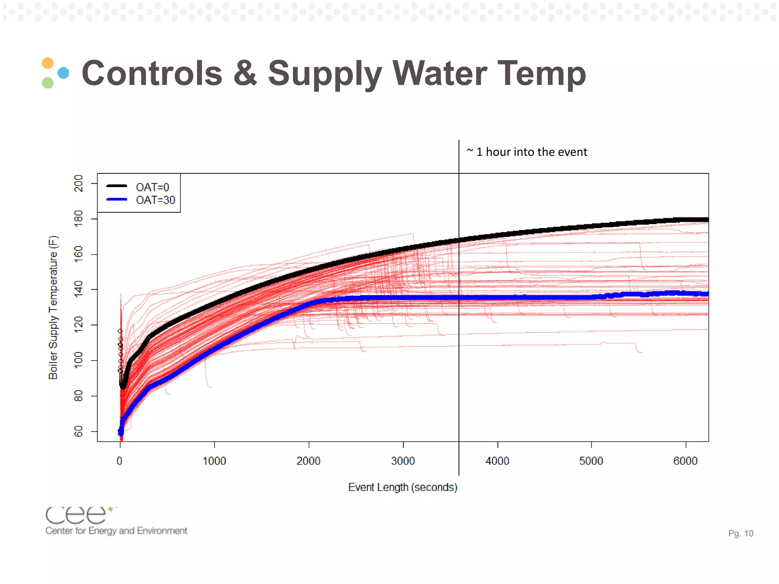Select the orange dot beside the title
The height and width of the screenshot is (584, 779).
(x=48, y=63)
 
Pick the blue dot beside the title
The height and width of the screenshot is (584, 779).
(x=63, y=73)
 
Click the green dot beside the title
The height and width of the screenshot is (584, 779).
(x=48, y=83)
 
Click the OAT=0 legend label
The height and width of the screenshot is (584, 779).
(x=152, y=187)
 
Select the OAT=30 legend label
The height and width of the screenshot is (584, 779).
(x=155, y=200)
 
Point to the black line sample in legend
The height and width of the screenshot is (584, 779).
(x=116, y=186)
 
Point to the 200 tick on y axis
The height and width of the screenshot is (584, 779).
(x=78, y=184)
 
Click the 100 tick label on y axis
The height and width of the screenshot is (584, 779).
(x=78, y=360)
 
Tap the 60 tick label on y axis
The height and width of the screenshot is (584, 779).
(x=78, y=432)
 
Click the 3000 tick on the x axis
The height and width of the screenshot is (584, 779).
(x=403, y=461)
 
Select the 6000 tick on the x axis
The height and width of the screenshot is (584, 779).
(x=685, y=461)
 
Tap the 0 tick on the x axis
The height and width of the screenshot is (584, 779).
(x=120, y=461)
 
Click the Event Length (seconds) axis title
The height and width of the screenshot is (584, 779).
(x=402, y=487)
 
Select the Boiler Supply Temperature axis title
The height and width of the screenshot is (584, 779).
(x=53, y=307)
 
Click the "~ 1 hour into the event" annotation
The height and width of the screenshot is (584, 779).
(x=527, y=152)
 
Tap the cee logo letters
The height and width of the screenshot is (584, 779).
(x=76, y=515)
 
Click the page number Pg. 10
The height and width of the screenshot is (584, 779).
(x=740, y=533)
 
